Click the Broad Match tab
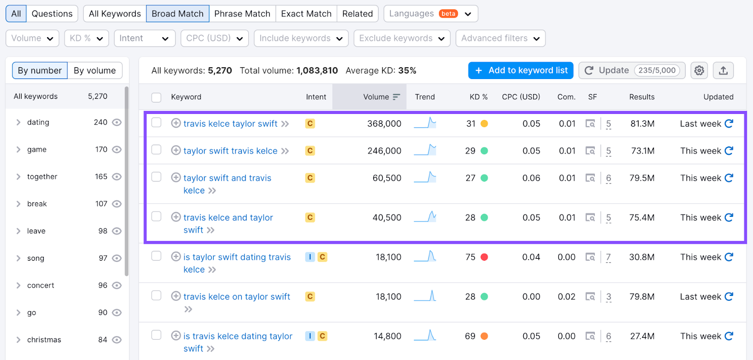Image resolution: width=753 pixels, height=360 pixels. click(x=177, y=14)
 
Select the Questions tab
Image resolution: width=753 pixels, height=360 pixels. click(x=52, y=14)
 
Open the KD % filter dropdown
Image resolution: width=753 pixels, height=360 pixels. click(x=87, y=38)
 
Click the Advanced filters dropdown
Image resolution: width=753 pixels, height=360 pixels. click(x=500, y=38)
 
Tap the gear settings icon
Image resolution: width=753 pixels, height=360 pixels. click(x=699, y=70)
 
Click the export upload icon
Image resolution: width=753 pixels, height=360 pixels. click(x=723, y=70)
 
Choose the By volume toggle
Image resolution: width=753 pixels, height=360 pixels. click(x=95, y=70)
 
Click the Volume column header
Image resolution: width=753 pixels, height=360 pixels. click(x=376, y=97)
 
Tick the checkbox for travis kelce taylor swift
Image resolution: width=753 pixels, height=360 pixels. click(x=156, y=123)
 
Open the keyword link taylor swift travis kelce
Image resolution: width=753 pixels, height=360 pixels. click(x=230, y=151)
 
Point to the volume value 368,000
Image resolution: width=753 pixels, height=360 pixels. click(x=384, y=124)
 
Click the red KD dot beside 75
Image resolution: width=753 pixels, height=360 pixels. click(x=484, y=257)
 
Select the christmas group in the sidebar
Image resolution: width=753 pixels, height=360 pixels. click(x=44, y=340)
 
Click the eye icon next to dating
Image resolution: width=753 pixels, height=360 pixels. click(x=117, y=122)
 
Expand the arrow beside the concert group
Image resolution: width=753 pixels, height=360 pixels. click(x=18, y=285)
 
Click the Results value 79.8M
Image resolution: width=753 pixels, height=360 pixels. click(x=642, y=296)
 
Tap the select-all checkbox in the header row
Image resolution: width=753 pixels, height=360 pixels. click(x=156, y=97)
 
